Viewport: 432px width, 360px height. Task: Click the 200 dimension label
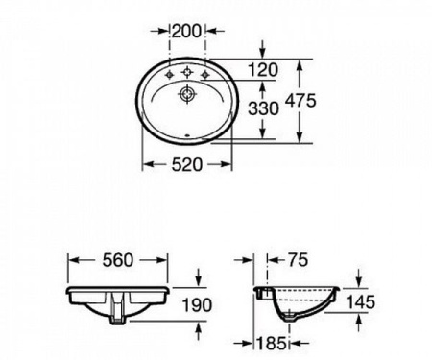pyautogui.click(x=186, y=31)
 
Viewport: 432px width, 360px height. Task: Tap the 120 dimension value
pyautogui.click(x=263, y=70)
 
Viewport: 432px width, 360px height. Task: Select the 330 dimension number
pyautogui.click(x=263, y=108)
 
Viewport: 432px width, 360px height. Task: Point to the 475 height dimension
pyautogui.click(x=300, y=101)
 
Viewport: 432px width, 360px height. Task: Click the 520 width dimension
pyautogui.click(x=187, y=164)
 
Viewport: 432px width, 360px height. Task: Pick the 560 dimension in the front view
pyautogui.click(x=117, y=260)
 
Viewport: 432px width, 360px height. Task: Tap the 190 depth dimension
pyautogui.click(x=197, y=304)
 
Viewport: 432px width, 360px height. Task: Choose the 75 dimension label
pyautogui.click(x=298, y=259)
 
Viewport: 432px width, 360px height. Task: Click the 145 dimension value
pyautogui.click(x=360, y=301)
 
